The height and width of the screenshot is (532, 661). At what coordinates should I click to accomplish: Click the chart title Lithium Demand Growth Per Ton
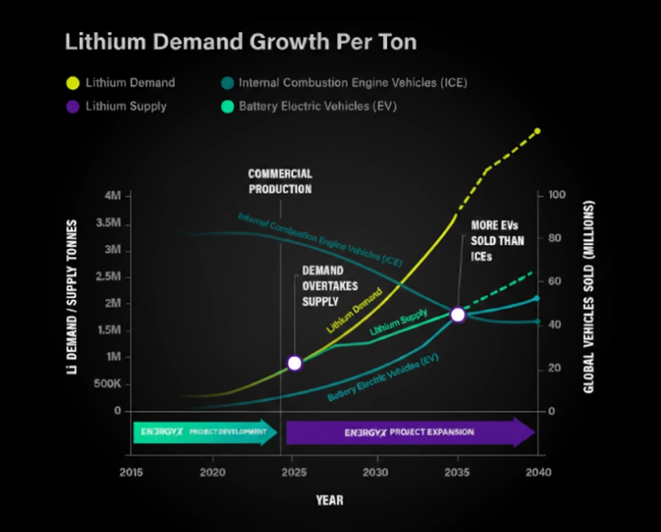click(x=240, y=42)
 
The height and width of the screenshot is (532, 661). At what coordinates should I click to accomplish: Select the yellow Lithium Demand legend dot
click(x=73, y=83)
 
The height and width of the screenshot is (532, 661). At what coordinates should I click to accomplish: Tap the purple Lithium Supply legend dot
click(x=73, y=106)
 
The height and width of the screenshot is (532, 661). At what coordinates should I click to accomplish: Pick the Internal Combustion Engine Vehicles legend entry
click(x=350, y=83)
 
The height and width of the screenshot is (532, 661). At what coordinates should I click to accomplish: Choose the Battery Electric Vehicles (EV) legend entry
click(x=310, y=106)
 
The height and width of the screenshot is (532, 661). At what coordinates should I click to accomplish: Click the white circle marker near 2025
click(x=295, y=363)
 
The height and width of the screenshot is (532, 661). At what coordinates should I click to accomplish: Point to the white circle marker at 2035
click(x=458, y=315)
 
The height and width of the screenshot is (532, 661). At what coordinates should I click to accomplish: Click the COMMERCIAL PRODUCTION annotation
click(x=280, y=181)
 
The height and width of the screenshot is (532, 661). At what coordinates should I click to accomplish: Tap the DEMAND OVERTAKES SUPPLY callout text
click(x=323, y=286)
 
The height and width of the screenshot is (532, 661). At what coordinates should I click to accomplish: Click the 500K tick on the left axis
click(x=106, y=384)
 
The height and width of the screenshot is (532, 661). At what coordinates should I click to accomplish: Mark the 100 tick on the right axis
click(x=557, y=196)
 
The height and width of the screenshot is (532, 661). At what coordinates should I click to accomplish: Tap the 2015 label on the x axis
click(x=131, y=472)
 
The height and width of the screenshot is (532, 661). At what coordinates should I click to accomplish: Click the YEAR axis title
click(x=328, y=500)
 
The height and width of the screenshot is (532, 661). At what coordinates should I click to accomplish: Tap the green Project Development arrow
click(x=204, y=433)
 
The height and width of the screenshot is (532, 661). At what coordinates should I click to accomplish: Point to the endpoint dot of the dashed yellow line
click(x=537, y=131)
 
